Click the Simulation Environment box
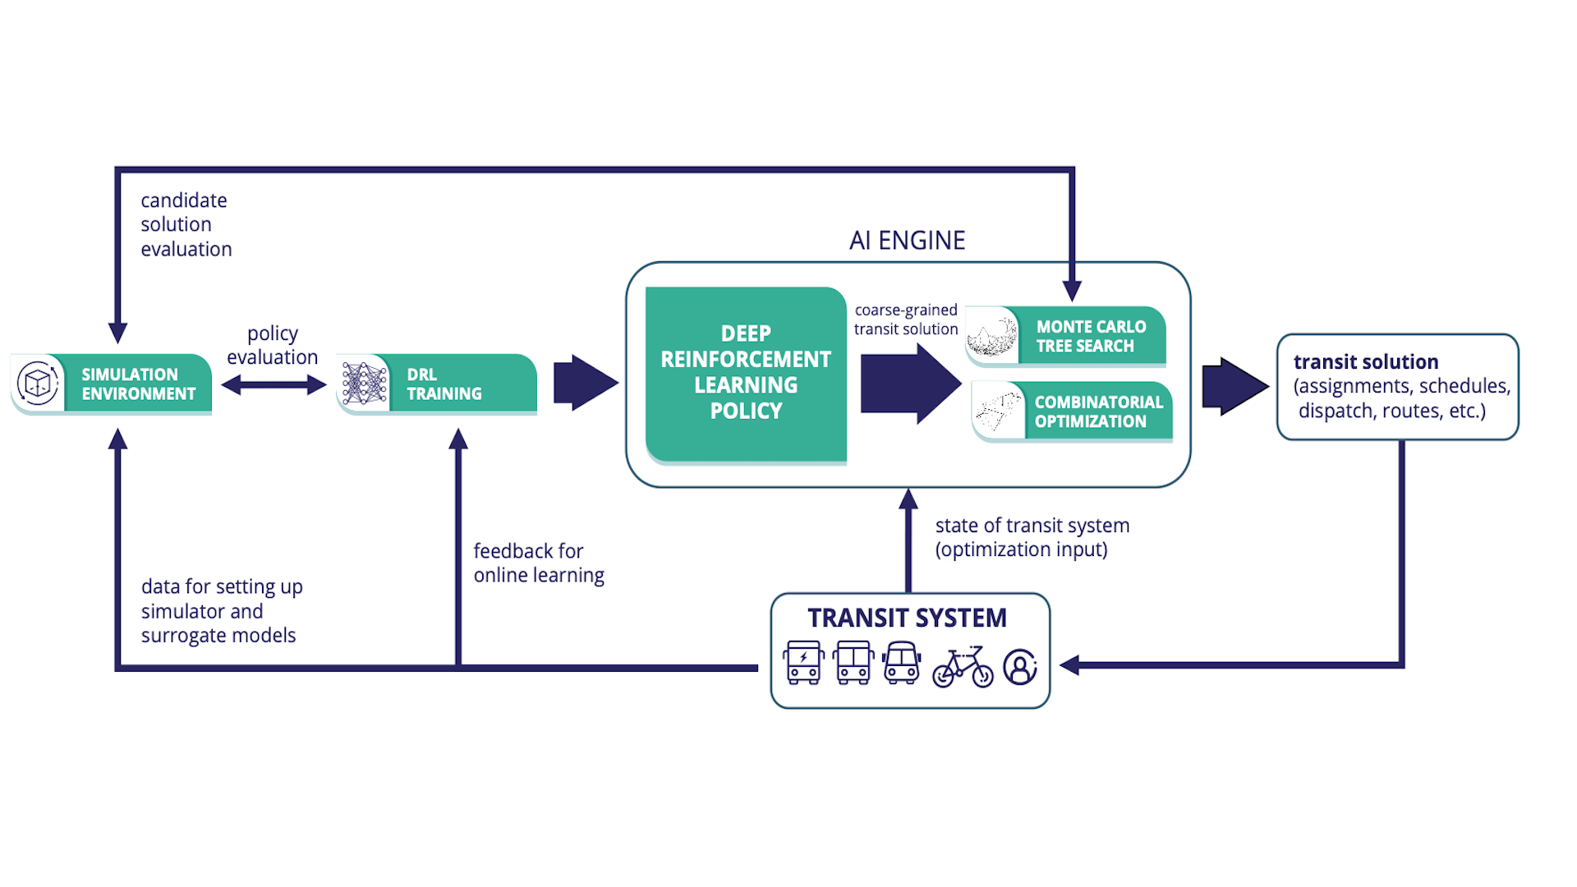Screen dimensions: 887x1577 pyautogui.click(x=131, y=384)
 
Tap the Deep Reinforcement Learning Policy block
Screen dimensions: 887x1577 pyautogui.click(x=746, y=373)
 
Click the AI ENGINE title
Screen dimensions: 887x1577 pyautogui.click(x=907, y=241)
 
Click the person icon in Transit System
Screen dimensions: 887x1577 pyautogui.click(x=1020, y=666)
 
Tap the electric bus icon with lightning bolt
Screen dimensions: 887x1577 pyautogui.click(x=803, y=662)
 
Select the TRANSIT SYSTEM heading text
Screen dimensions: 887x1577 pyautogui.click(x=907, y=618)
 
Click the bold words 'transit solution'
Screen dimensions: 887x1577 pyautogui.click(x=1366, y=362)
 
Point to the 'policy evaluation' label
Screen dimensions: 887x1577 pyautogui.click(x=273, y=345)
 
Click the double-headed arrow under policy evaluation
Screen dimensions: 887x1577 pyautogui.click(x=274, y=384)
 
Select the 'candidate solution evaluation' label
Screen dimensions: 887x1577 pyautogui.click(x=186, y=224)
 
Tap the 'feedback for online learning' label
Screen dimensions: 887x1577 pyautogui.click(x=539, y=563)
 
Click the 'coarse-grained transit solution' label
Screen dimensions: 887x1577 pyautogui.click(x=906, y=319)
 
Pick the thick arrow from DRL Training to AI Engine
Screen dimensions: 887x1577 pyautogui.click(x=585, y=383)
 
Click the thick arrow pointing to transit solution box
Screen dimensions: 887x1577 pyautogui.click(x=1234, y=386)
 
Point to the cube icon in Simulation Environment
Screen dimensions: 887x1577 pyautogui.click(x=38, y=383)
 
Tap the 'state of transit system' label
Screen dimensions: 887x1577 pyautogui.click(x=1032, y=526)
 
